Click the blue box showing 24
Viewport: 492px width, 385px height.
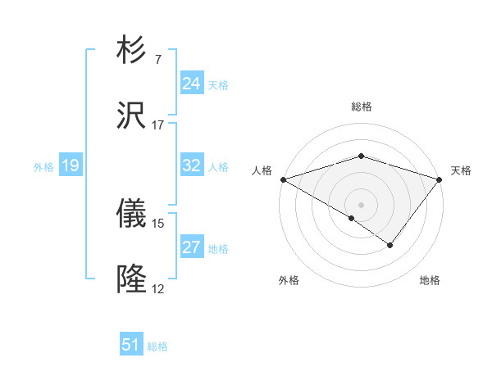coord(192,84)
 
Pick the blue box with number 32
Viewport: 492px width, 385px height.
coord(192,165)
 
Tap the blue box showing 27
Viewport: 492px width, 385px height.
coord(192,247)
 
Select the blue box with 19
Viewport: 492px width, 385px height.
coord(71,165)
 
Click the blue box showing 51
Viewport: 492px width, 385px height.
coord(131,345)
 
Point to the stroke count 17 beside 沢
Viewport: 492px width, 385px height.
coord(158,125)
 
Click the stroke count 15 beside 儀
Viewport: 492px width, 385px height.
coord(158,223)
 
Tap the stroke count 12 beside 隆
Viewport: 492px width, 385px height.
coord(158,288)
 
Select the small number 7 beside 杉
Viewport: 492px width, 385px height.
coord(157,60)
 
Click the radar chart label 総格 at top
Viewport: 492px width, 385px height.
coord(361,106)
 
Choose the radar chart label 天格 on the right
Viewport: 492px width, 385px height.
coord(461,170)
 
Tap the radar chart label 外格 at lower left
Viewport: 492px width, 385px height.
coord(289,280)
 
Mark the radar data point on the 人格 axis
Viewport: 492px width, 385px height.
coord(283,179)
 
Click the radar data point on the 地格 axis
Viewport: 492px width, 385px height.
coord(390,245)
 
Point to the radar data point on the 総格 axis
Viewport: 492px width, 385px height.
coord(361,156)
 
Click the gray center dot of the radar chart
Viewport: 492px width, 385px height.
coord(361,204)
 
